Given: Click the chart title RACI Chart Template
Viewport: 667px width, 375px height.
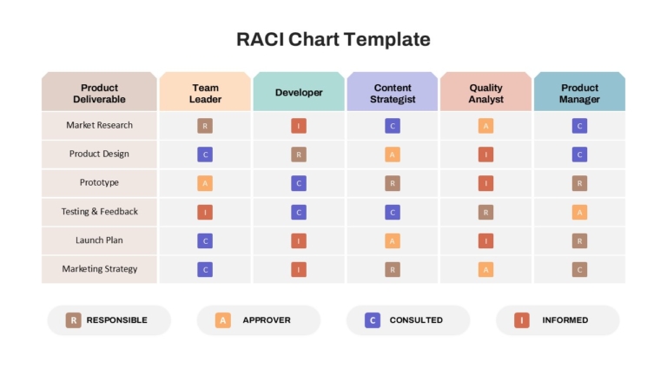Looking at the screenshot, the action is pyautogui.click(x=333, y=39).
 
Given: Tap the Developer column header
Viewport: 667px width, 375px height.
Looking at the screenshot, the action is pyautogui.click(x=299, y=92).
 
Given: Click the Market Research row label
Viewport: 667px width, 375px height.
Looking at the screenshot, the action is pyautogui.click(x=99, y=125).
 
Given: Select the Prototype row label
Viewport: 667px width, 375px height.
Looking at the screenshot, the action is pyautogui.click(x=99, y=182).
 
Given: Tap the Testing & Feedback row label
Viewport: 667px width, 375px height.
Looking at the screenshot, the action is pyautogui.click(x=99, y=211).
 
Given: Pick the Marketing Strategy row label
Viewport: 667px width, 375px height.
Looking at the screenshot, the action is pyautogui.click(x=99, y=269).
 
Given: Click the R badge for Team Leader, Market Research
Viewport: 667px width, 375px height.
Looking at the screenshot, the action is pyautogui.click(x=205, y=126).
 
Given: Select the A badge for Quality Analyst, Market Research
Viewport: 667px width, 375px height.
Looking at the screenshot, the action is pyautogui.click(x=485, y=126).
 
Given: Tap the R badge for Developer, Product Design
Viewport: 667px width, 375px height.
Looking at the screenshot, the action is pyautogui.click(x=299, y=155).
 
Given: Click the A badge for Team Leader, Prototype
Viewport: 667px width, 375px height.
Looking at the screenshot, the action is pyautogui.click(x=205, y=183).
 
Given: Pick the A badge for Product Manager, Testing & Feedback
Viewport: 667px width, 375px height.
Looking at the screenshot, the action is pyautogui.click(x=579, y=212).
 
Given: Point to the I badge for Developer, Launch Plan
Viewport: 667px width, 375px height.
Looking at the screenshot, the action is pyautogui.click(x=299, y=241).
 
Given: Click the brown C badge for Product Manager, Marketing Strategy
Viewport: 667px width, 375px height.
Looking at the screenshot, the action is pyautogui.click(x=579, y=270).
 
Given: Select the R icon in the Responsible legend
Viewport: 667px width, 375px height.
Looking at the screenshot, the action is pyautogui.click(x=73, y=320).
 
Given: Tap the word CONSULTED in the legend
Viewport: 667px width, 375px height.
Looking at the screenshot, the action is pyautogui.click(x=416, y=320).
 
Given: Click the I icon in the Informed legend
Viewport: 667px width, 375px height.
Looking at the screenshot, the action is pyautogui.click(x=521, y=320).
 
